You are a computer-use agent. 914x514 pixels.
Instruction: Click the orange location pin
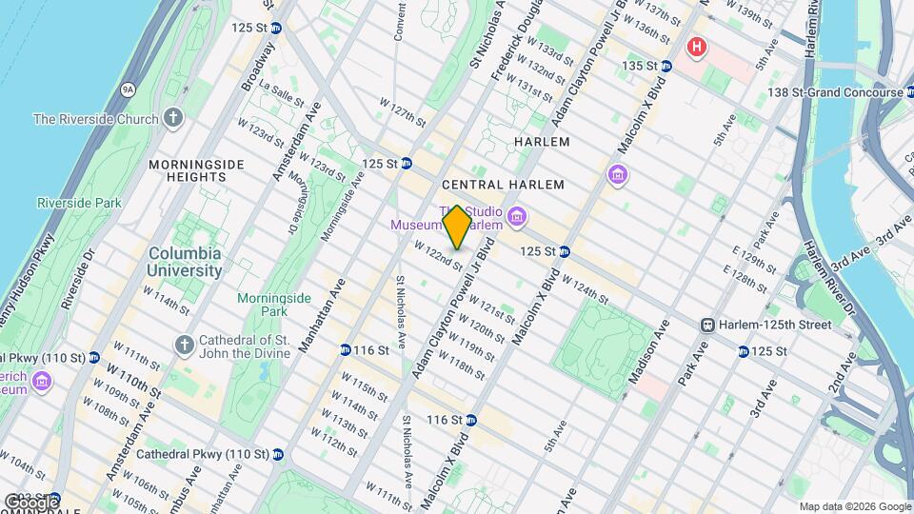point(458,227)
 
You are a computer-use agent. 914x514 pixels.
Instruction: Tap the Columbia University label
point(185,262)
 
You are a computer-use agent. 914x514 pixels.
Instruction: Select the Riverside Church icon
point(172,118)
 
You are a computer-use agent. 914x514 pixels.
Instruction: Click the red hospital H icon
point(698,46)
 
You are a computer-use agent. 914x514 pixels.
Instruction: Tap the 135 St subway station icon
point(666,66)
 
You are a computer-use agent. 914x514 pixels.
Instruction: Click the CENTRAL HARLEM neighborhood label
point(504,185)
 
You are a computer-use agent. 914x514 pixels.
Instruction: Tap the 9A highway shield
point(127,89)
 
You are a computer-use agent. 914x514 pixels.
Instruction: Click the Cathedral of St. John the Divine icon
point(185,343)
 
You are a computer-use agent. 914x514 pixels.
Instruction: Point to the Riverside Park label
point(79,203)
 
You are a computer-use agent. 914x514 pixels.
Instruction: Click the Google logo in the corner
point(31,502)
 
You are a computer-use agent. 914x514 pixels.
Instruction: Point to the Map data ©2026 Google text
point(854,506)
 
